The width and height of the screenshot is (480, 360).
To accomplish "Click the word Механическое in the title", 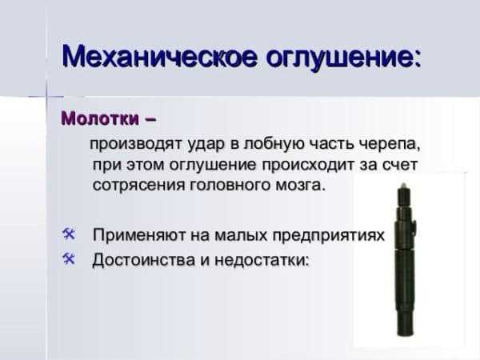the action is (x=159, y=57).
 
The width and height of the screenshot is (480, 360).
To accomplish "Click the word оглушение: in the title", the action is (x=342, y=58).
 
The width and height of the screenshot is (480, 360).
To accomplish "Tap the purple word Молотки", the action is (x=100, y=118).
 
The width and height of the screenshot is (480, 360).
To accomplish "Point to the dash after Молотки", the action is (x=150, y=119).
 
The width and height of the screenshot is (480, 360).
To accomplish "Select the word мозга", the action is (x=300, y=186).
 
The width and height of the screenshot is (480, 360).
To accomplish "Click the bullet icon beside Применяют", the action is (x=69, y=234).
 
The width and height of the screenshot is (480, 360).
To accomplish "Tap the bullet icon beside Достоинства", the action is (x=69, y=259).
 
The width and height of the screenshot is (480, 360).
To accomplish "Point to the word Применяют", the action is (x=139, y=235).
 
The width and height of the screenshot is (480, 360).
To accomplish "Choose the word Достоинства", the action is (x=143, y=260).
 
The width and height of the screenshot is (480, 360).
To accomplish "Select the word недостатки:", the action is (x=261, y=260).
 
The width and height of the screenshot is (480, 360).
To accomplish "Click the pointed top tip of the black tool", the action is (x=403, y=184).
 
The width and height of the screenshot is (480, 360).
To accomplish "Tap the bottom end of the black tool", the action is (x=405, y=334).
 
